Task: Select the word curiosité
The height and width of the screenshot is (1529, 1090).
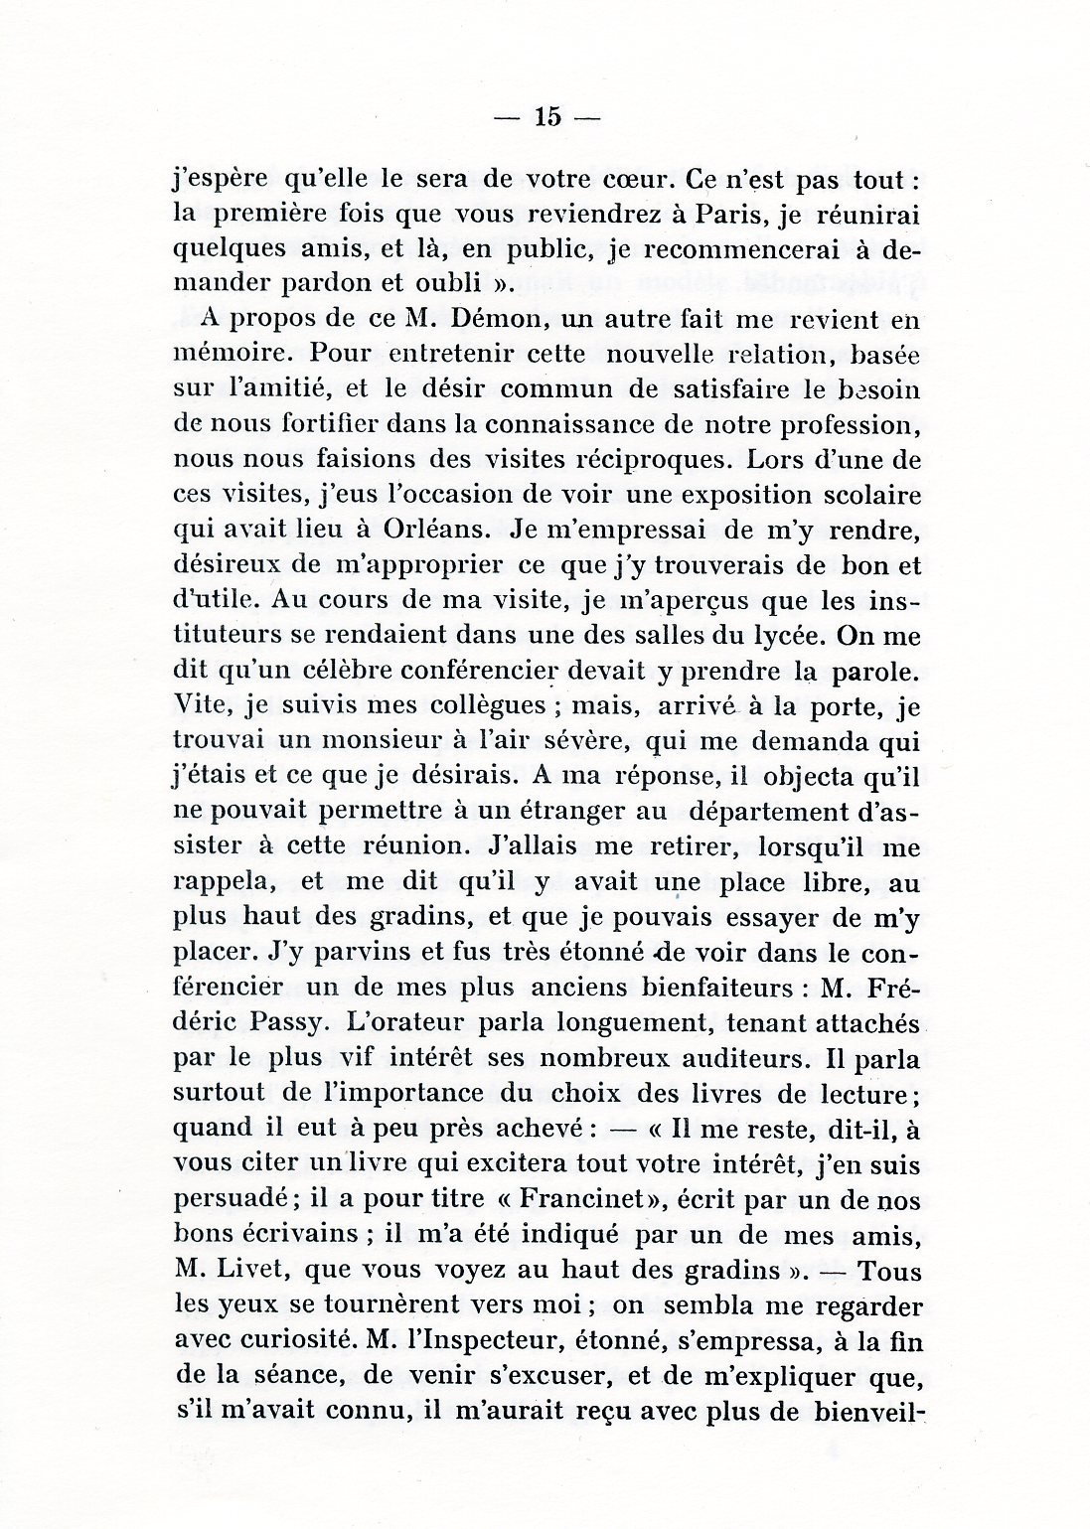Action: click(x=322, y=1340)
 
